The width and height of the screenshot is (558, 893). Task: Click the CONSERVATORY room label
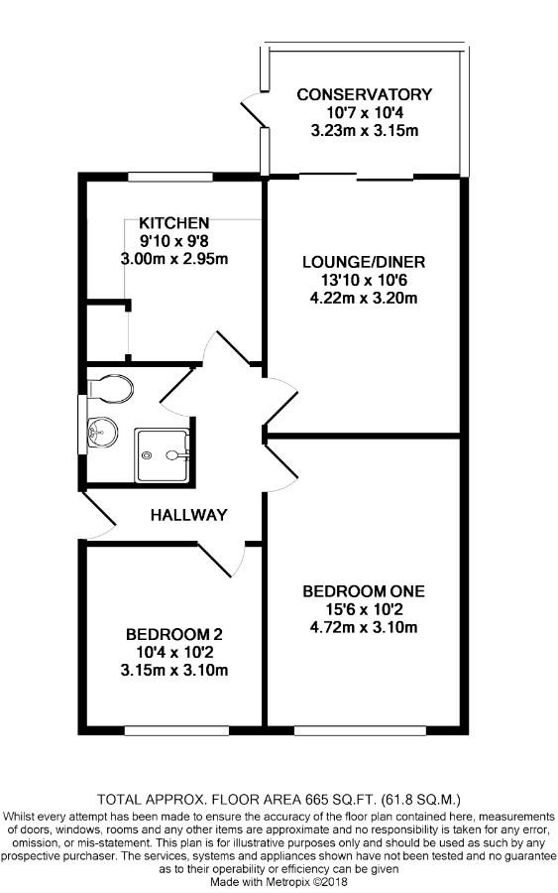tap(364, 94)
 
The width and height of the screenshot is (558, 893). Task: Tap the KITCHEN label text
tap(174, 222)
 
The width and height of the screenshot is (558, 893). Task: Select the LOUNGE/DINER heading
tap(364, 262)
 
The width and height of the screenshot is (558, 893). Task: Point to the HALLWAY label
tap(189, 515)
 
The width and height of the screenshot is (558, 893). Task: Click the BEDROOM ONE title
tap(364, 591)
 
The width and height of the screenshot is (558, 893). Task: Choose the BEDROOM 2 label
tap(174, 634)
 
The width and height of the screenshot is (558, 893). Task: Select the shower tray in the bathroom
tap(162, 454)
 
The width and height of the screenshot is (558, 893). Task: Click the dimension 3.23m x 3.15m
tap(364, 130)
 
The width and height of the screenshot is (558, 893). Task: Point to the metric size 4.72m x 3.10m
tap(364, 628)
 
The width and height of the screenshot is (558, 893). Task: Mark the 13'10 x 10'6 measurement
tap(364, 280)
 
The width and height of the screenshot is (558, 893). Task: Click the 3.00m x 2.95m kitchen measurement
tap(174, 259)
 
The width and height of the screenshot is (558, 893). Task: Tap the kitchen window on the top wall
tap(170, 178)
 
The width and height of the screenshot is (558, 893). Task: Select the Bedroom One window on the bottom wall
tap(360, 730)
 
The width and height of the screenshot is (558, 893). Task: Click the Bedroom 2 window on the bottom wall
tap(176, 730)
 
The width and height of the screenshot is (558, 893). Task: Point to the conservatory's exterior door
tap(255, 111)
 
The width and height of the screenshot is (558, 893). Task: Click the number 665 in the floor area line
tap(318, 798)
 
